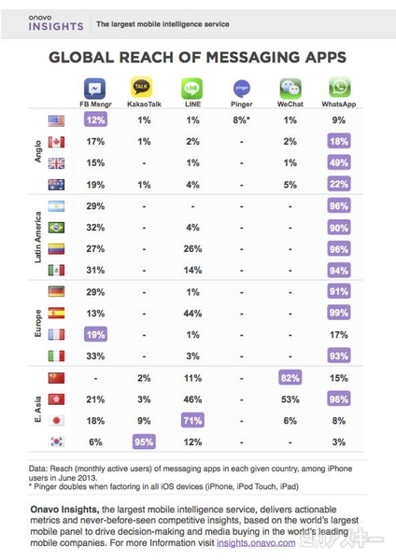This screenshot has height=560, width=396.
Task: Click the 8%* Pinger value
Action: pyautogui.click(x=241, y=120)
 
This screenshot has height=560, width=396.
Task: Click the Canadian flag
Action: pyautogui.click(x=54, y=142)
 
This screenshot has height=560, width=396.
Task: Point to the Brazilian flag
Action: pyautogui.click(x=54, y=226)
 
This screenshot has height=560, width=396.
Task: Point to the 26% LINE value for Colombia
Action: pyautogui.click(x=191, y=248)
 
